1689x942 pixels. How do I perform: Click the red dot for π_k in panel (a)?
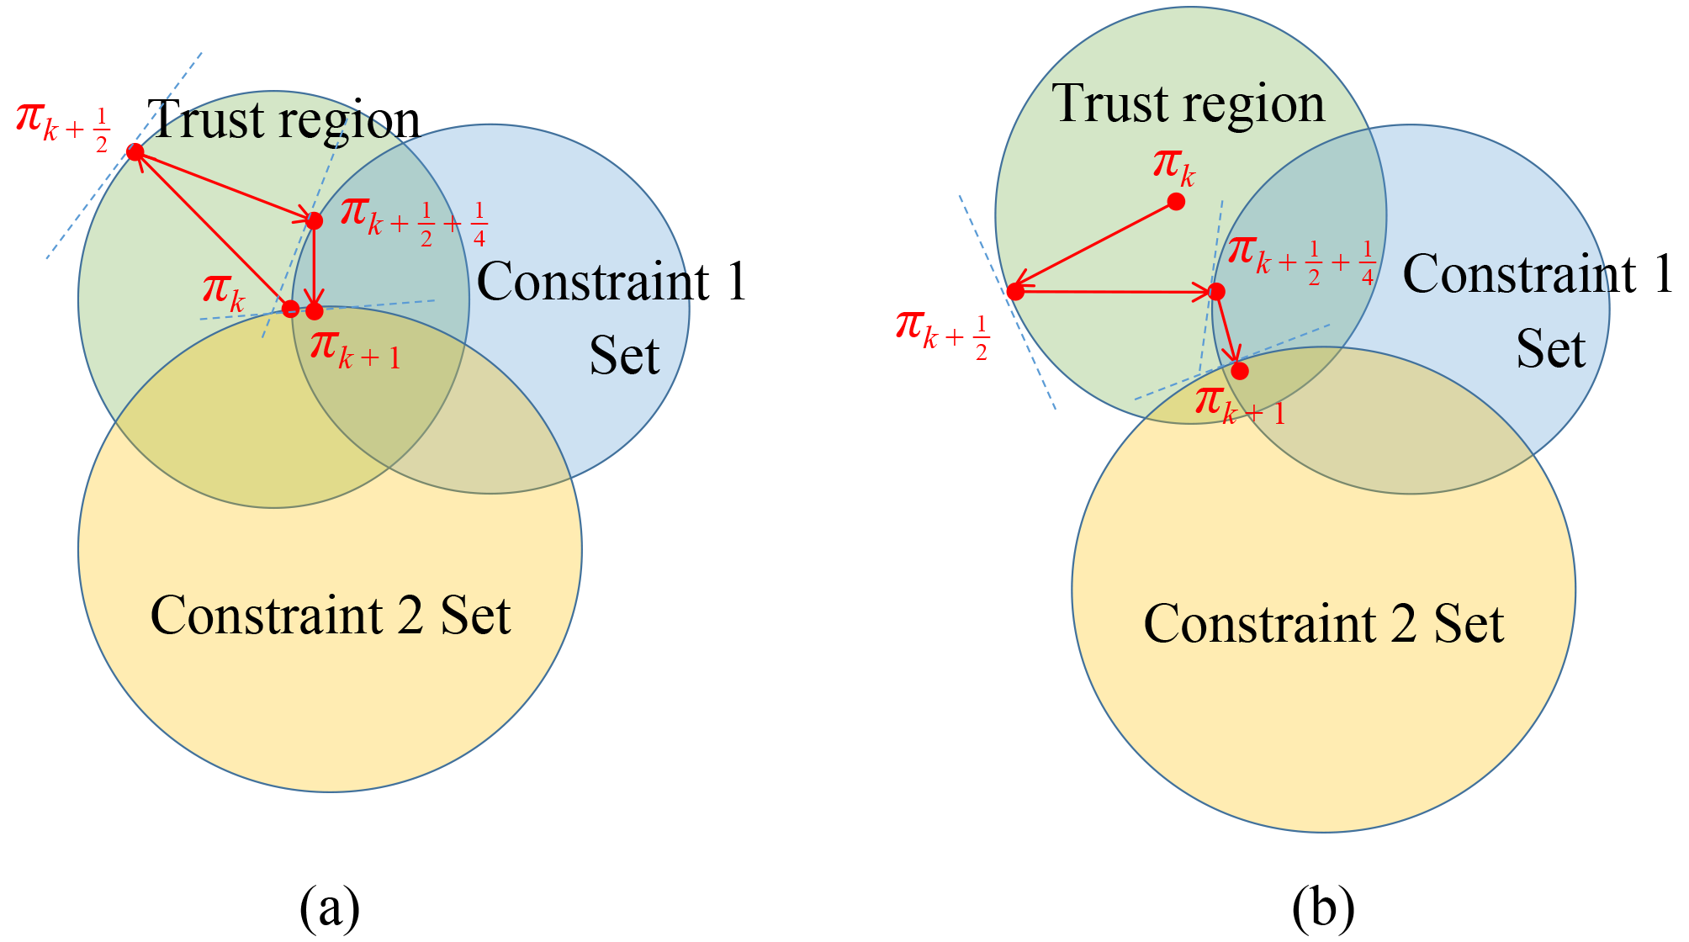pos(290,308)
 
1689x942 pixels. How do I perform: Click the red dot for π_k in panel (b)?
pos(1177,202)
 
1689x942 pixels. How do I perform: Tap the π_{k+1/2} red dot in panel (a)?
pos(135,152)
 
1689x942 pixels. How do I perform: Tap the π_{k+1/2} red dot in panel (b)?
pos(1015,292)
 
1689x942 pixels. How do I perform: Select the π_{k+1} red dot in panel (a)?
pos(315,311)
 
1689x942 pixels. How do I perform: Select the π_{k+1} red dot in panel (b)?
pos(1240,371)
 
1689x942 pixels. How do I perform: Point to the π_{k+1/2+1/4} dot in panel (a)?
pos(314,221)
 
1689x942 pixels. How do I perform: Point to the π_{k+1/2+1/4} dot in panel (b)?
pos(1216,292)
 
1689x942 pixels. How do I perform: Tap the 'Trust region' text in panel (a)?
pos(283,120)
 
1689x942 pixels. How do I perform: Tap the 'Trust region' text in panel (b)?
pos(1188,104)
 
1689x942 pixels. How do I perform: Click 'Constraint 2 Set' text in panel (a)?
pos(330,616)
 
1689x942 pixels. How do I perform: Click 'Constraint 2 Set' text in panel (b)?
pos(1323,624)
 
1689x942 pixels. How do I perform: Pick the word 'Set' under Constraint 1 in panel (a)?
pos(624,356)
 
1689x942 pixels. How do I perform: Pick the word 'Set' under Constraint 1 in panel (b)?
pos(1550,350)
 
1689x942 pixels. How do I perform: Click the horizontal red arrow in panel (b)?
pos(1115,292)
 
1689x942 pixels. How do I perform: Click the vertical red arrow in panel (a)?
pos(314,265)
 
